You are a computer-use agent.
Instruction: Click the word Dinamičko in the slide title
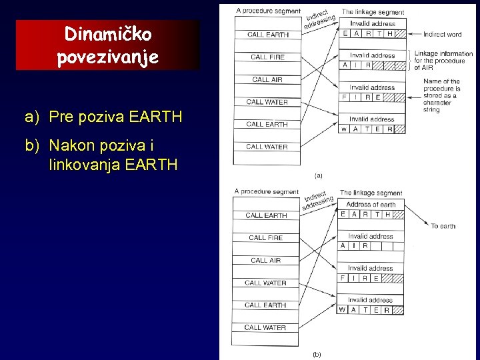pos(108,33)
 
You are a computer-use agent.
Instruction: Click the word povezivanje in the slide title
pos(108,57)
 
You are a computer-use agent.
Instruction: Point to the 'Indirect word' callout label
pos(443,34)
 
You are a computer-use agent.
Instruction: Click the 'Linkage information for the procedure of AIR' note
pos(443,61)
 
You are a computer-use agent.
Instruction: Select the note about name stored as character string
pos(441,95)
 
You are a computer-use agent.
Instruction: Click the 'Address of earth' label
pos(371,204)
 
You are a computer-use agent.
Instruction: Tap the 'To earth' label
pos(443,226)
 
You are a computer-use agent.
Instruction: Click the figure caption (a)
pos(318,175)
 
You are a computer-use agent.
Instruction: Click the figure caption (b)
pos(317,354)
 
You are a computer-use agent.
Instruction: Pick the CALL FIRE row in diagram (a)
pos(267,57)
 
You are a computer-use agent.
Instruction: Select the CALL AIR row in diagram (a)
pos(267,80)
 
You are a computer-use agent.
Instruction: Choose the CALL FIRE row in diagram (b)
pos(265,238)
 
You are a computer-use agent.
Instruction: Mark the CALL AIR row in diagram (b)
pos(265,261)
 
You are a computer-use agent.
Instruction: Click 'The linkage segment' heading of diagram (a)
pos(372,12)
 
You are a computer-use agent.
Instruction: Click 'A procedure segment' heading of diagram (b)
pos(267,192)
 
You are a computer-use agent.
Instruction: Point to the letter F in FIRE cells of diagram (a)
pos(344,97)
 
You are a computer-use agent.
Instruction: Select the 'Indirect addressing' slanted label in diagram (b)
pos(319,197)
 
